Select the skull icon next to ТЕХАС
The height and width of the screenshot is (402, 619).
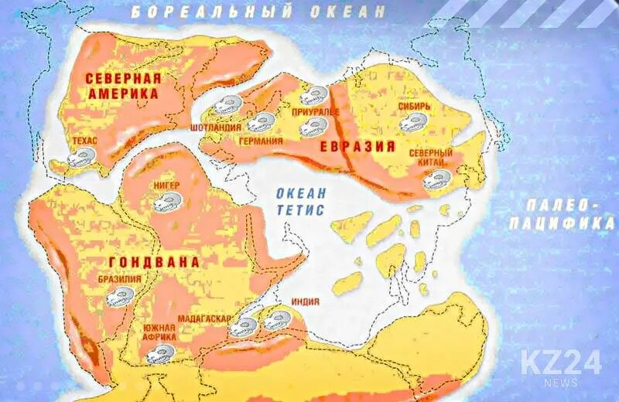click(80, 158)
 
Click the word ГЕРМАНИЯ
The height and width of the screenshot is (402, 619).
click(260, 141)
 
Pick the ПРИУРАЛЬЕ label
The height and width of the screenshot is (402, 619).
click(311, 112)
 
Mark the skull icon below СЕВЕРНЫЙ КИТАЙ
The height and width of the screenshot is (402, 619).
click(436, 179)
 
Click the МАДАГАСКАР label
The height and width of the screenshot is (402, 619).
click(203, 319)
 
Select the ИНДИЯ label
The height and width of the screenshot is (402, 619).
click(306, 302)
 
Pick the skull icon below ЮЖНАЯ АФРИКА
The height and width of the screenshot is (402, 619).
click(159, 353)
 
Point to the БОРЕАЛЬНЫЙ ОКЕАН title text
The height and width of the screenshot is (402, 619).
click(258, 12)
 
